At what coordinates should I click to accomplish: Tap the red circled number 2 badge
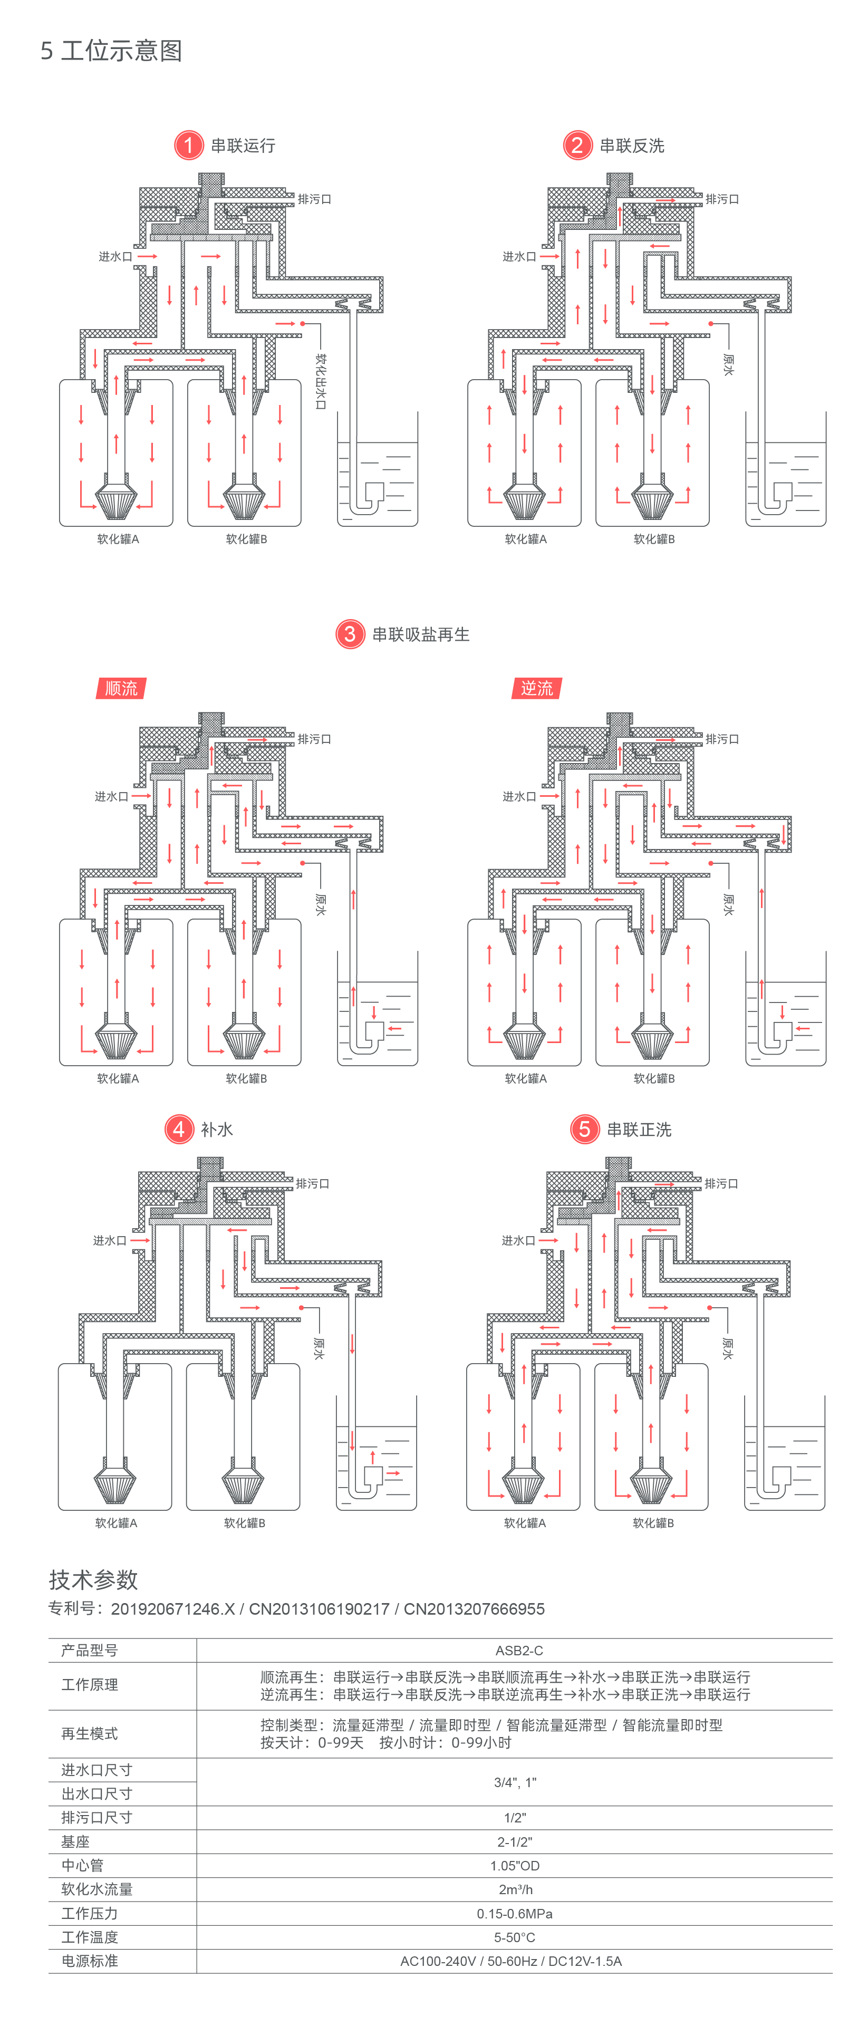[x=577, y=146]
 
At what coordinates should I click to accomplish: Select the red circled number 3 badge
[x=350, y=634]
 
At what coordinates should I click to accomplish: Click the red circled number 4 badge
[x=178, y=1130]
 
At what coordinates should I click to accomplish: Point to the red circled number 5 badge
[x=584, y=1130]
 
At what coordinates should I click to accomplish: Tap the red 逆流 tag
[x=536, y=688]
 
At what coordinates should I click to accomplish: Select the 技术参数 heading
[x=93, y=1579]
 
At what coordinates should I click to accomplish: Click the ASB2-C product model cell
[x=518, y=1650]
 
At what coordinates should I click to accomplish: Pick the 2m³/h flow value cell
[x=515, y=1889]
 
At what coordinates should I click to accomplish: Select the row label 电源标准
[x=90, y=1961]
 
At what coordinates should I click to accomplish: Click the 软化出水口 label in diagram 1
[x=320, y=381]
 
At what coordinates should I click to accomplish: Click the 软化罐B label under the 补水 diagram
[x=245, y=1522]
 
